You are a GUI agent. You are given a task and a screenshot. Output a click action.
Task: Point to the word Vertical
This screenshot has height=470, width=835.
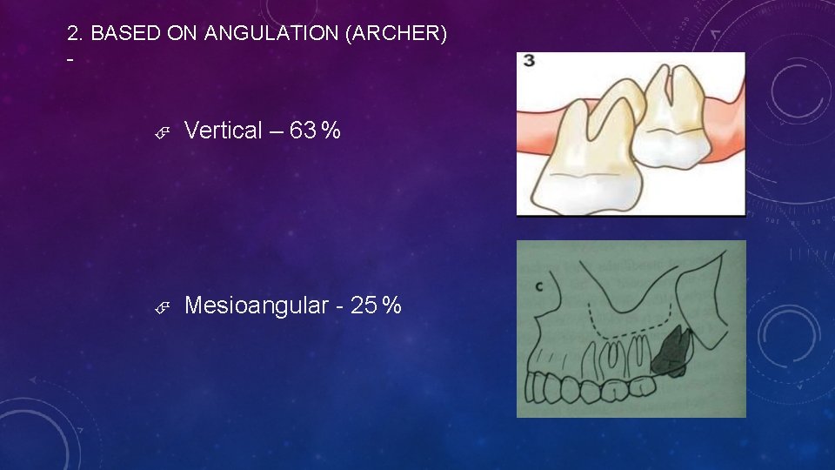point(224,131)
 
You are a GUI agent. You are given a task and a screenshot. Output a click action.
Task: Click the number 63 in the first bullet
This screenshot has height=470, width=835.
point(303,131)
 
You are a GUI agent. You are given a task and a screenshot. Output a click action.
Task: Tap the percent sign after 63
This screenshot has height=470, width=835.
point(331,131)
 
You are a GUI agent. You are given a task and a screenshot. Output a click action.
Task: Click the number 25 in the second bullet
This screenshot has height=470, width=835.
point(365,305)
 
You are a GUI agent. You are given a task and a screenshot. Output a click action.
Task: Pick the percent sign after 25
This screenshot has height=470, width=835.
point(392,306)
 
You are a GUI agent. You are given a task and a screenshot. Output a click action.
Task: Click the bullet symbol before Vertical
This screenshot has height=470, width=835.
point(162,132)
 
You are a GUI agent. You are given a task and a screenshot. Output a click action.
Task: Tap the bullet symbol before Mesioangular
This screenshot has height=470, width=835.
point(162,307)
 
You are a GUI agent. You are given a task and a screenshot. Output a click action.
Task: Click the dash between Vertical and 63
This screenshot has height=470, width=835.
point(276,131)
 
